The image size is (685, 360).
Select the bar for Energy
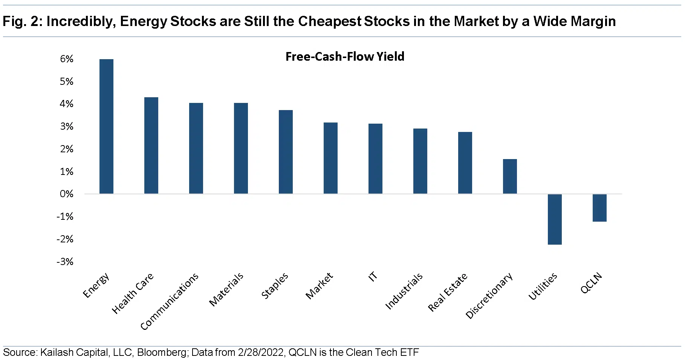(x=106, y=126)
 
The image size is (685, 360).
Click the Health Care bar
(x=151, y=146)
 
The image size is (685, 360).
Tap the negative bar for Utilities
(x=555, y=219)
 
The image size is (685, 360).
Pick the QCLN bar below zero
(x=599, y=208)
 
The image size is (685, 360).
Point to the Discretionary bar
(x=510, y=176)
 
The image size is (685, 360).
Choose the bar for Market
(x=330, y=158)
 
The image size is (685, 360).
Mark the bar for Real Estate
(x=465, y=163)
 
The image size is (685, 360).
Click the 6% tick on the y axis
(x=67, y=59)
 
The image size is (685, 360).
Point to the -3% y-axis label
(x=65, y=262)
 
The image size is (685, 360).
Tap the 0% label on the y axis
(x=67, y=194)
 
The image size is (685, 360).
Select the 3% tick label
(x=67, y=127)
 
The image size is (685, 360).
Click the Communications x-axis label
(x=169, y=302)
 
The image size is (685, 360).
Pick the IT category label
(x=373, y=277)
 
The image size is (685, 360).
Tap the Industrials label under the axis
(x=404, y=291)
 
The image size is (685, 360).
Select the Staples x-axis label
(x=275, y=286)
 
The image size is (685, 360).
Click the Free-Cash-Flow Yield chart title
(x=345, y=57)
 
